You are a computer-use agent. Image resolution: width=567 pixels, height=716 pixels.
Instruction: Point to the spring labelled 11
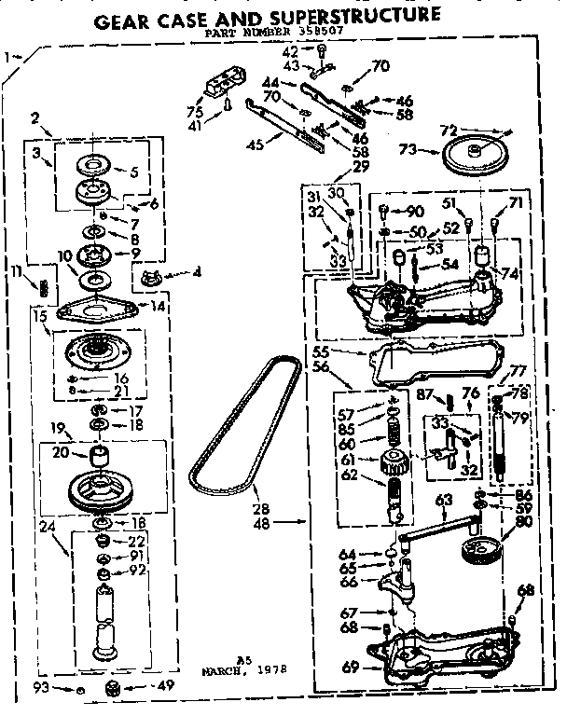click(x=42, y=285)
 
